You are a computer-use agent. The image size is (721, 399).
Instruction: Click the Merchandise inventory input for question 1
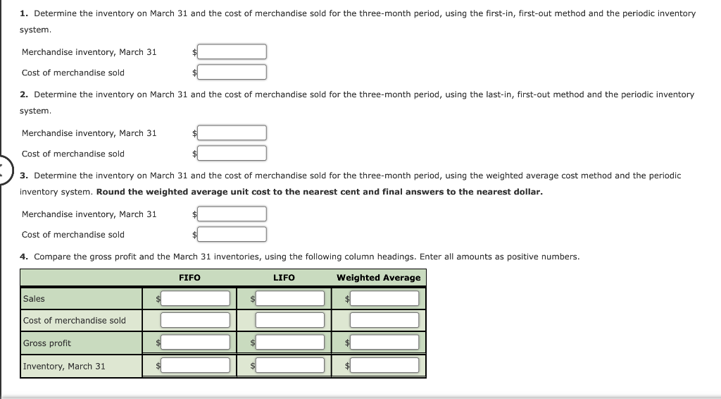point(232,52)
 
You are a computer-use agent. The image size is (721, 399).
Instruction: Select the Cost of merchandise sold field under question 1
point(232,73)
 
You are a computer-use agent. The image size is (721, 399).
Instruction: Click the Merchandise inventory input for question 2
point(232,133)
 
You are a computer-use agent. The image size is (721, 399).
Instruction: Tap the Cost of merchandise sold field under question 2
point(232,154)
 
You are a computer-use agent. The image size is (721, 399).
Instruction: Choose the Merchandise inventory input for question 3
point(232,214)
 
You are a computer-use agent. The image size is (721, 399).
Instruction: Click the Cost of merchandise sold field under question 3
point(232,235)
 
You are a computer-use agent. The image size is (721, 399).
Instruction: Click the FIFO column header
point(189,278)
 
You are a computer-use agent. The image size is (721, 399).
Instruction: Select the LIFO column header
point(284,278)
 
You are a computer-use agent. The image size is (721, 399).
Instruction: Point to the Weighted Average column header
point(378,278)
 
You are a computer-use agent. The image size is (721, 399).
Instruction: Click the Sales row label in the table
point(34,299)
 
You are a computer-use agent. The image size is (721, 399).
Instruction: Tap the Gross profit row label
point(47,343)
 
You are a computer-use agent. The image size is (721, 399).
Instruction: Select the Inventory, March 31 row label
point(64,366)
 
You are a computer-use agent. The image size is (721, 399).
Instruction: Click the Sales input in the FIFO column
point(195,299)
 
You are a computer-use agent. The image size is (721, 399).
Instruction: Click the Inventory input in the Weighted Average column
point(384,366)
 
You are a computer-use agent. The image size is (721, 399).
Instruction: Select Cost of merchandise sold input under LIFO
point(289,321)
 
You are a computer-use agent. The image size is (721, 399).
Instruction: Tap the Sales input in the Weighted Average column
point(384,299)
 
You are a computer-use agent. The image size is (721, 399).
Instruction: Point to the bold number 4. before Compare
point(24,257)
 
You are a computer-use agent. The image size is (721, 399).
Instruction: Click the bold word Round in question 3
point(110,192)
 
